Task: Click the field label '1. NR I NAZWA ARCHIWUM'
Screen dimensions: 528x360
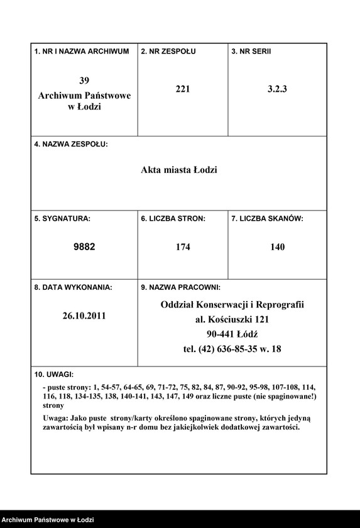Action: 82,51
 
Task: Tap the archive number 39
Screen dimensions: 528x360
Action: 84,80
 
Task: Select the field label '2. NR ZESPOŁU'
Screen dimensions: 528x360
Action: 168,51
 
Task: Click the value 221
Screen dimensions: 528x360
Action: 183,89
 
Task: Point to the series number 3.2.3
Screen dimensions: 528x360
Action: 276,89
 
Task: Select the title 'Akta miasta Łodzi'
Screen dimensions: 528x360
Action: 179,170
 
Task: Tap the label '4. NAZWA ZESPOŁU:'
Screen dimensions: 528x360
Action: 71,144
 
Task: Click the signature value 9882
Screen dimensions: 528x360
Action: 84,247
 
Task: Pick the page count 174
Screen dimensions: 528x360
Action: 183,247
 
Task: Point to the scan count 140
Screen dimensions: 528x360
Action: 277,247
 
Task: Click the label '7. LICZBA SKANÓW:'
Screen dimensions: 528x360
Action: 268,219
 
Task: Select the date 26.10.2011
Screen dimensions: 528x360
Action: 84,316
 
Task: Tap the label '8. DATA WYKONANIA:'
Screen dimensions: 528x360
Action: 74,287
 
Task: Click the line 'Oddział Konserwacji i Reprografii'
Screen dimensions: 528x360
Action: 232,304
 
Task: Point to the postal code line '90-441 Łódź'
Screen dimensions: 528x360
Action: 232,334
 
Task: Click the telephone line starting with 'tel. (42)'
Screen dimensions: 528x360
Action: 232,349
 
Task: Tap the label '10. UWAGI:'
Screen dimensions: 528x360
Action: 54,374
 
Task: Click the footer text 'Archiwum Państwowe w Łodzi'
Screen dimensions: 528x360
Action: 48,520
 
